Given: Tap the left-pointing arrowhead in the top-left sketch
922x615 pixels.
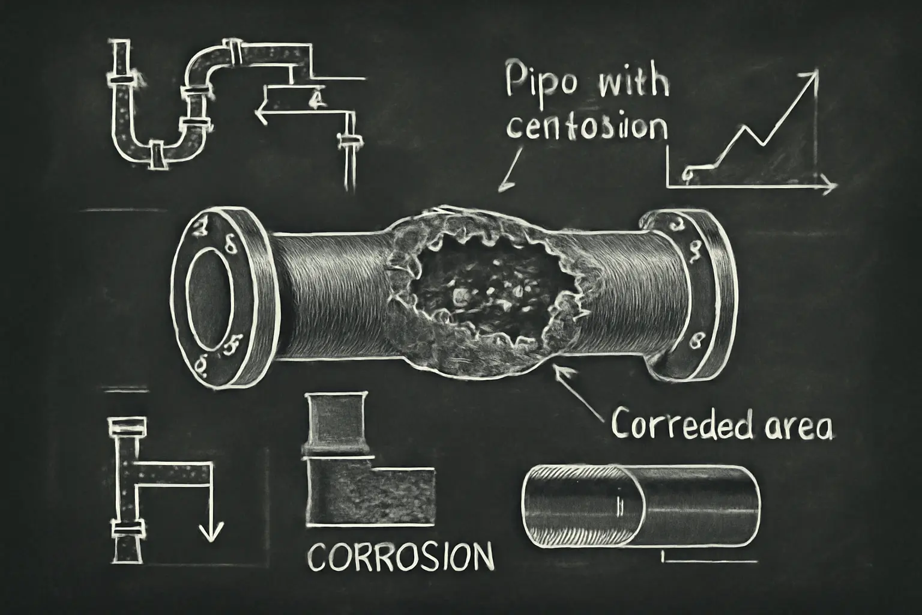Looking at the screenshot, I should pyautogui.click(x=260, y=111).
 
